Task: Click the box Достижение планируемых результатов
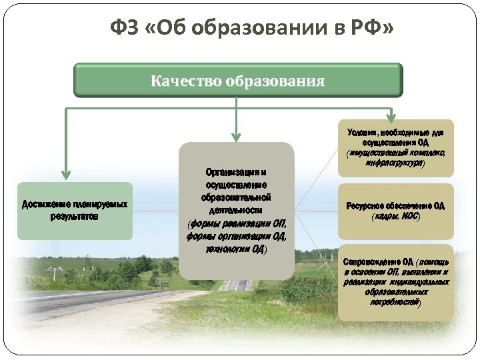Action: tap(75, 211)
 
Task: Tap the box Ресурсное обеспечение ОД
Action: tap(395, 211)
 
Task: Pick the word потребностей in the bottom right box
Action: tap(395, 303)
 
